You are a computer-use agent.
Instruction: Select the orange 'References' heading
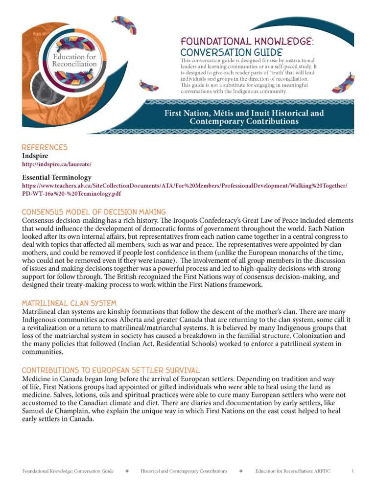coord(45,147)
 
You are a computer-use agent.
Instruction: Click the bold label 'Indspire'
coord(35,156)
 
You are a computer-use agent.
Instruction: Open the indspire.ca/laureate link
coord(57,164)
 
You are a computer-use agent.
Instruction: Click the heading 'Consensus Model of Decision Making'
coord(94,212)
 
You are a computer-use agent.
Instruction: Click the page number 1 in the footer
coord(352,471)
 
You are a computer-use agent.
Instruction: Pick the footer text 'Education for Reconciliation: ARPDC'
coord(293,471)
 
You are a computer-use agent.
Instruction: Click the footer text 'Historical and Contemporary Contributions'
coord(184,471)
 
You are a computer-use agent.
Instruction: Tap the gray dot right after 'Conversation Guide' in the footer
coord(127,471)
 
